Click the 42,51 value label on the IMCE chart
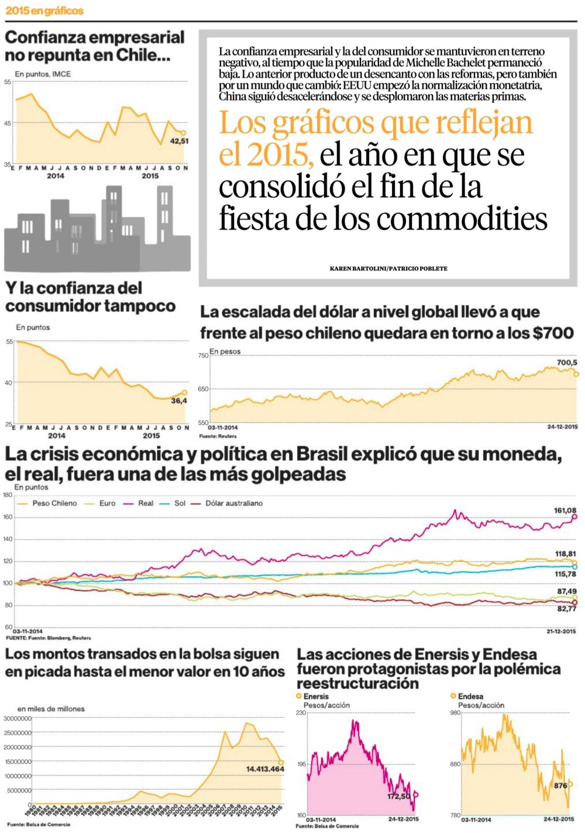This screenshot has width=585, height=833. [179, 141]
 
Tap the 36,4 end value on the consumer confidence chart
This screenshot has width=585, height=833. [179, 401]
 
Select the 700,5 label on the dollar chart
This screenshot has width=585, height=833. [567, 363]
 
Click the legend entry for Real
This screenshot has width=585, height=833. [145, 503]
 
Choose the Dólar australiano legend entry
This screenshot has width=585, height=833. [233, 503]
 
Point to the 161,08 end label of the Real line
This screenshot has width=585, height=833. [565, 510]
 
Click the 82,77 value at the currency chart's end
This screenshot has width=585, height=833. [566, 609]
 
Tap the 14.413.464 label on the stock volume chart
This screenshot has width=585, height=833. [264, 769]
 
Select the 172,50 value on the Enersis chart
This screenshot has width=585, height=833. [398, 796]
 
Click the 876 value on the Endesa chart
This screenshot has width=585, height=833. [560, 786]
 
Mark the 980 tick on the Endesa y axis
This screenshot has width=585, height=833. [455, 712]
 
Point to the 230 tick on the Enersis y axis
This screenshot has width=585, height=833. [301, 712]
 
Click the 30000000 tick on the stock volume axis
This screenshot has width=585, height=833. [17, 718]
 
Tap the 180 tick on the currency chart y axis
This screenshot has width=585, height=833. [8, 495]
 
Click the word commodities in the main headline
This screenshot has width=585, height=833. [462, 219]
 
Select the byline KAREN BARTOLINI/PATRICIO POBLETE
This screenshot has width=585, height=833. [388, 269]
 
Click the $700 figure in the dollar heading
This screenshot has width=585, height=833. [552, 333]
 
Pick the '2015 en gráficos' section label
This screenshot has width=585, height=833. [44, 11]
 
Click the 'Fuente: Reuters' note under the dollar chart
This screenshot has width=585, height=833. [218, 436]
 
